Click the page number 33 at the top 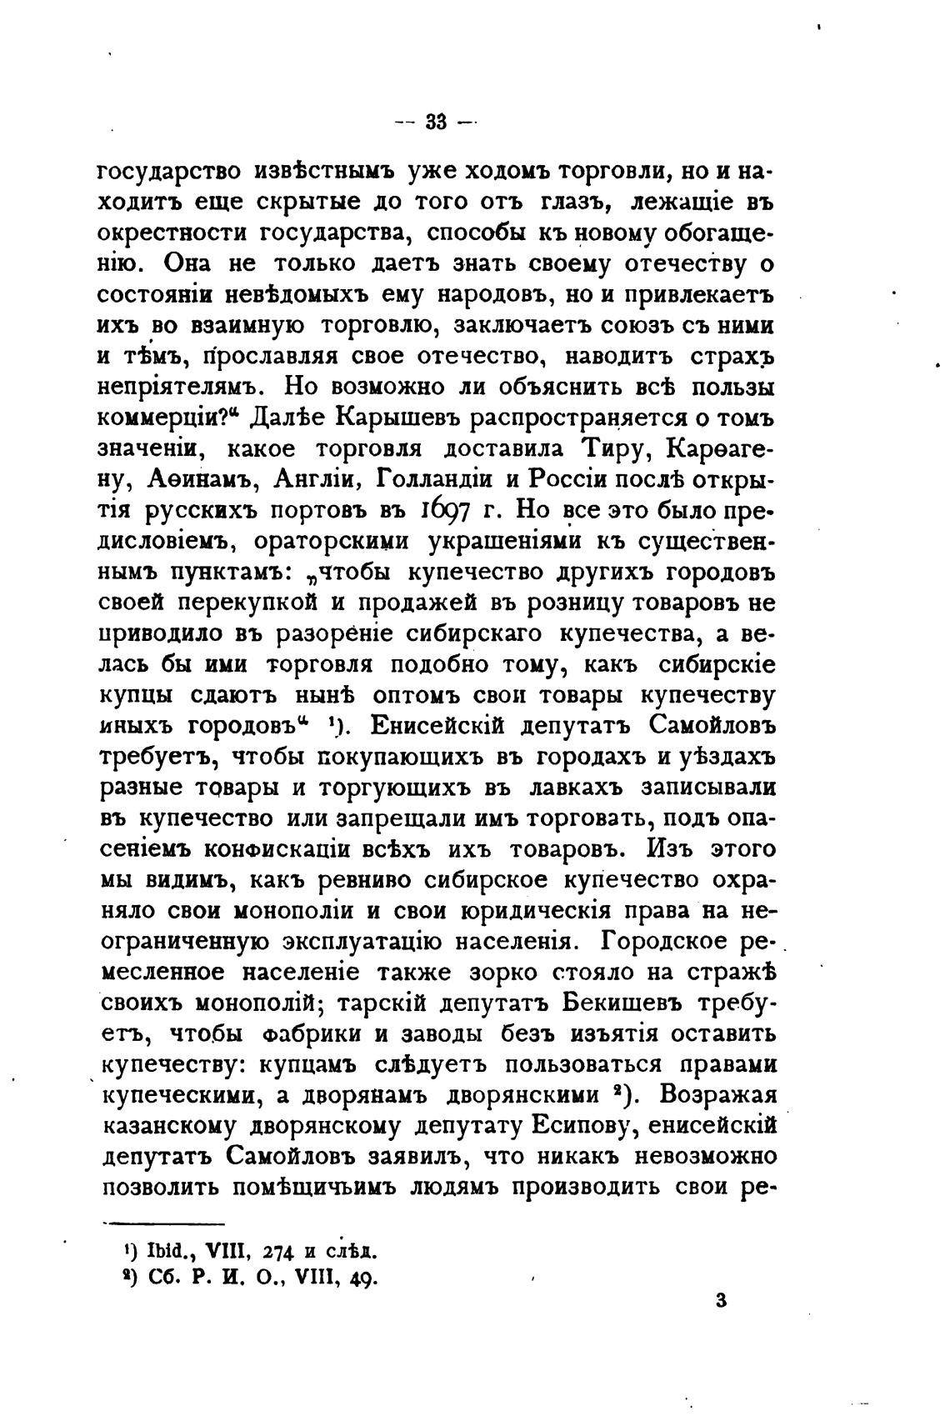434,122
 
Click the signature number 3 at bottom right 722,1301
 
